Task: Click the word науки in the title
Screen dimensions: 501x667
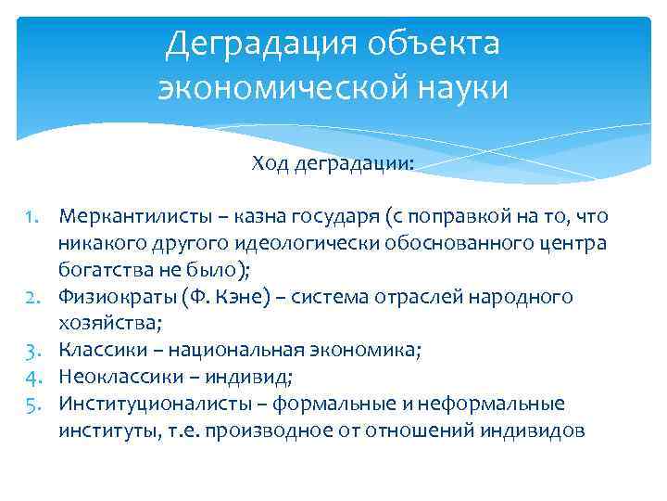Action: click(x=459, y=88)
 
